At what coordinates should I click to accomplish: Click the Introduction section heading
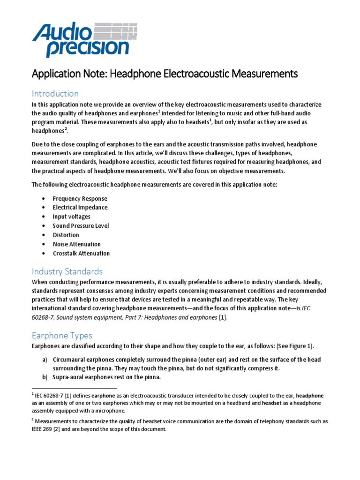[55, 93]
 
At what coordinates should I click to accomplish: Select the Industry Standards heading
[67, 271]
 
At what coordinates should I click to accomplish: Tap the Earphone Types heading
[62, 335]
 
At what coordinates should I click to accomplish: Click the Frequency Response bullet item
[80, 198]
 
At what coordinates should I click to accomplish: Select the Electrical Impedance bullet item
[80, 207]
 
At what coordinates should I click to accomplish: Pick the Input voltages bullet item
[71, 217]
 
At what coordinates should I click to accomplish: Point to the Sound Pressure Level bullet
[81, 225]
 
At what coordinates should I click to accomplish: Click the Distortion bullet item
[66, 235]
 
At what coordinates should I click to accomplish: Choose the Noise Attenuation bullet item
[76, 244]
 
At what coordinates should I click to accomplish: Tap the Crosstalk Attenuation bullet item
[81, 253]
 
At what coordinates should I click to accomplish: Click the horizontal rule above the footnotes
[74, 389]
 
